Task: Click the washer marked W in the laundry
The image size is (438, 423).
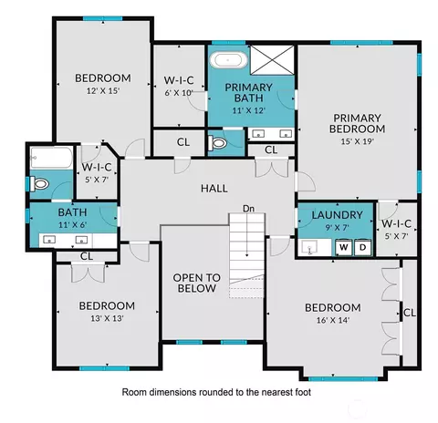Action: [x=344, y=247]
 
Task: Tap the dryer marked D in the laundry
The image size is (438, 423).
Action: [x=362, y=247]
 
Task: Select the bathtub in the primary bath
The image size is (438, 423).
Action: [x=228, y=60]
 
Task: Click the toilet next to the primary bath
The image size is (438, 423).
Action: [x=217, y=142]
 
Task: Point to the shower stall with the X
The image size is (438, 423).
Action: [x=272, y=60]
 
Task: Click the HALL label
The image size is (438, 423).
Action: [x=214, y=189]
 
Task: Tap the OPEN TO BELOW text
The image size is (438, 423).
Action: [x=197, y=283]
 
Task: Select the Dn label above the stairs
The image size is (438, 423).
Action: [x=248, y=209]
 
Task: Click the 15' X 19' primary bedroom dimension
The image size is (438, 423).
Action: [x=357, y=141]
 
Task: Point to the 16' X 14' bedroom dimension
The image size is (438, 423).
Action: [x=333, y=320]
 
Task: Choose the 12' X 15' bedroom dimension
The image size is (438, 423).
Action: [x=103, y=91]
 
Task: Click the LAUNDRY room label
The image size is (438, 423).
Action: [x=338, y=215]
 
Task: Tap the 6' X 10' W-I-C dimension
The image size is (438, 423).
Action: [x=179, y=93]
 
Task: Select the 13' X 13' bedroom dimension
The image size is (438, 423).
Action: [x=107, y=318]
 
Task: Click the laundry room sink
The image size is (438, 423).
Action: [x=308, y=247]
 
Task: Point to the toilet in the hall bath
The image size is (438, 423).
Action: [x=39, y=184]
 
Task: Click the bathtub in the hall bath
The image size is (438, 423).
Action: [x=51, y=158]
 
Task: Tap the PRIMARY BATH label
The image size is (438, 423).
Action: [x=248, y=93]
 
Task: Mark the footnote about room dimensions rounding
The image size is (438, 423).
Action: [x=216, y=392]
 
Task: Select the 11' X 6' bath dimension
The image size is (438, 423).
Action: [x=72, y=225]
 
